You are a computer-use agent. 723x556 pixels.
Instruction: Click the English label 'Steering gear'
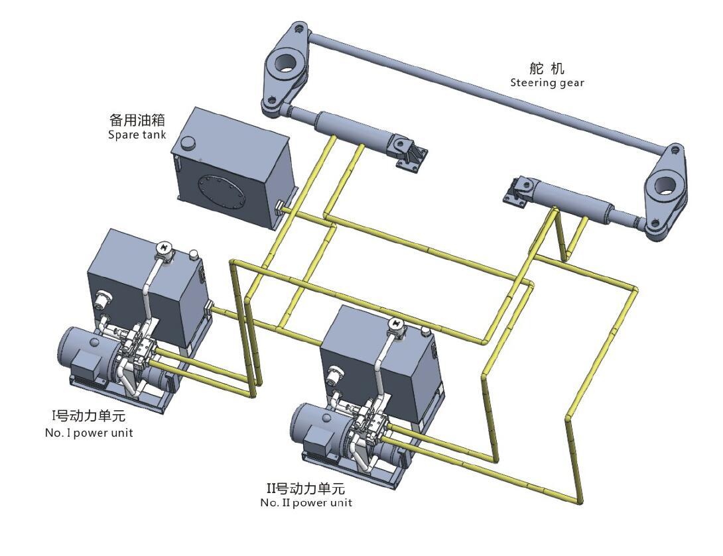tap(547, 83)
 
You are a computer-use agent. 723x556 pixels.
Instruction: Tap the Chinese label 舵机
tap(547, 68)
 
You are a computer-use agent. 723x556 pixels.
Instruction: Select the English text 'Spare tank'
tap(137, 135)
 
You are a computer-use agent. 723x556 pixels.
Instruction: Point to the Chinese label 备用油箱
tap(137, 121)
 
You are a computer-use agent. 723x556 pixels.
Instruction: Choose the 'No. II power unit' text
tap(306, 502)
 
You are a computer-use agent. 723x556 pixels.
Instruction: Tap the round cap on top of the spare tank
tap(190, 142)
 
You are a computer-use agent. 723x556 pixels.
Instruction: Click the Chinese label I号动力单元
tap(89, 418)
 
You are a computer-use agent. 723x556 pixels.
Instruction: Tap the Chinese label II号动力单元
tap(306, 489)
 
